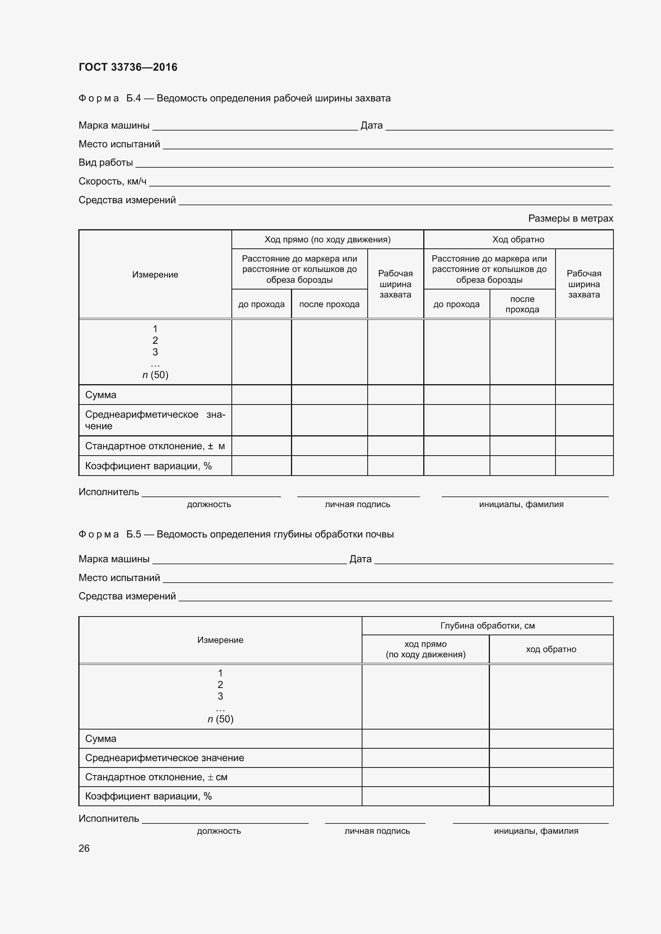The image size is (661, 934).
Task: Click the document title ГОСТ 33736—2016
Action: click(128, 67)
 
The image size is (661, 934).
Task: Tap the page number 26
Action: click(84, 848)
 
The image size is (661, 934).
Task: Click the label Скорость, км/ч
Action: click(112, 181)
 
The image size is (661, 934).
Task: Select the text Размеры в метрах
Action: click(570, 218)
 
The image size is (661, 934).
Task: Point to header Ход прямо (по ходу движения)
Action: click(327, 240)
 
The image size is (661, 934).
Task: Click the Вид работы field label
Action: click(106, 163)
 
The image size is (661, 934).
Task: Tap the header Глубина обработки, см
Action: click(487, 626)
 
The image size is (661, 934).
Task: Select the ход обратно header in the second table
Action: click(551, 649)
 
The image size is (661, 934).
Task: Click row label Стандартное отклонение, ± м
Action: click(155, 446)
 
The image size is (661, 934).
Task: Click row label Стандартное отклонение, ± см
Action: click(156, 777)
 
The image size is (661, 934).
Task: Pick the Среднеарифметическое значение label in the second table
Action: click(164, 758)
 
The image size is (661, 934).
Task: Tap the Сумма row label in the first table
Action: click(101, 395)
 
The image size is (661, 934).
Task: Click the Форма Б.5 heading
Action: click(236, 534)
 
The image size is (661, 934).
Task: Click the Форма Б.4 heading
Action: click(234, 99)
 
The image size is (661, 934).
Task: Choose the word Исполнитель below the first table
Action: click(109, 492)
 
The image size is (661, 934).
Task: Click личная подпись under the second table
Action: click(377, 831)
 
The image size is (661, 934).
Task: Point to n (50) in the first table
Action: click(155, 375)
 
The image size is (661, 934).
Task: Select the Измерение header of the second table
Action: click(220, 640)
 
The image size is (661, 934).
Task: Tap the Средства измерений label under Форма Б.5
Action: click(127, 596)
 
